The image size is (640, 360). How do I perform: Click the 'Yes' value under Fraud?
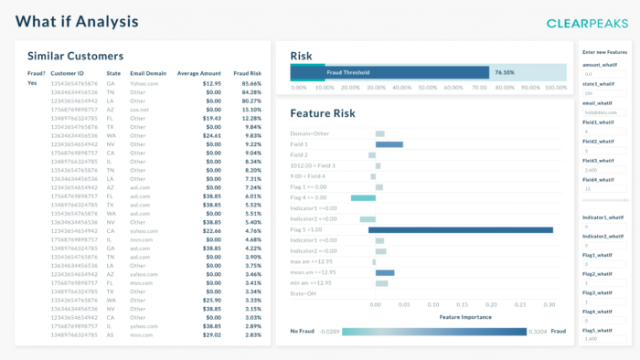coord(32,83)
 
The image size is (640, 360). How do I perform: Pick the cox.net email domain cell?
coord(139,109)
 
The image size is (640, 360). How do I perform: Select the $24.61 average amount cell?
coord(211,134)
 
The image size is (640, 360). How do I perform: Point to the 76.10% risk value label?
coord(504,70)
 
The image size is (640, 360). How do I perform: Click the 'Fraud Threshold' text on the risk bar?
coord(348,71)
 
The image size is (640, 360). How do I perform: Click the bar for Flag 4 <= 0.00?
coord(363,197)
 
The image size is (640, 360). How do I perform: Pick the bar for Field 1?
coord(389,144)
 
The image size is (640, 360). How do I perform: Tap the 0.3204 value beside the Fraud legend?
coord(539,333)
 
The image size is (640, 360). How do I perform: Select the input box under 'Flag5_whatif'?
coord(603,338)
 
